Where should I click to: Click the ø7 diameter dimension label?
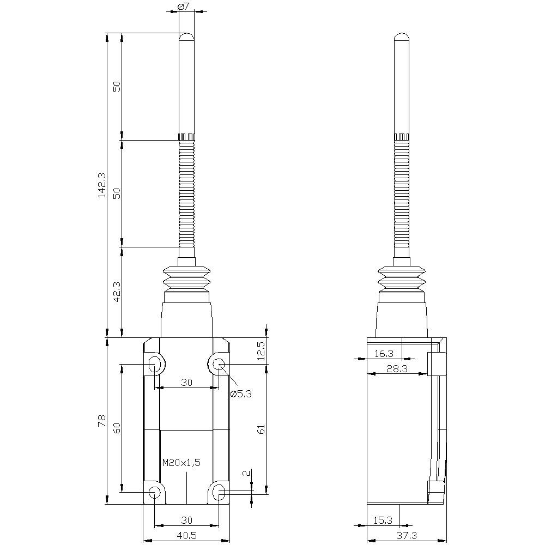click(x=184, y=7)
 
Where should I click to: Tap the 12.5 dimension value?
click(x=261, y=351)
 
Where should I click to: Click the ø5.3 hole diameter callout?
click(x=240, y=394)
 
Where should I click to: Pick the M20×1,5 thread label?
click(x=181, y=463)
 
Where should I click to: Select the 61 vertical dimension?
click(x=261, y=429)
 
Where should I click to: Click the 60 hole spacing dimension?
click(x=116, y=428)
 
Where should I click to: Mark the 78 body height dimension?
click(x=101, y=421)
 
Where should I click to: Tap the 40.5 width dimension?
click(x=186, y=536)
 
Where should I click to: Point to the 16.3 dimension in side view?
click(x=385, y=354)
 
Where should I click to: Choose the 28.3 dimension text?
click(x=396, y=369)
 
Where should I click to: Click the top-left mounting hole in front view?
click(x=155, y=364)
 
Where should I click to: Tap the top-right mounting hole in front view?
click(x=219, y=364)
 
